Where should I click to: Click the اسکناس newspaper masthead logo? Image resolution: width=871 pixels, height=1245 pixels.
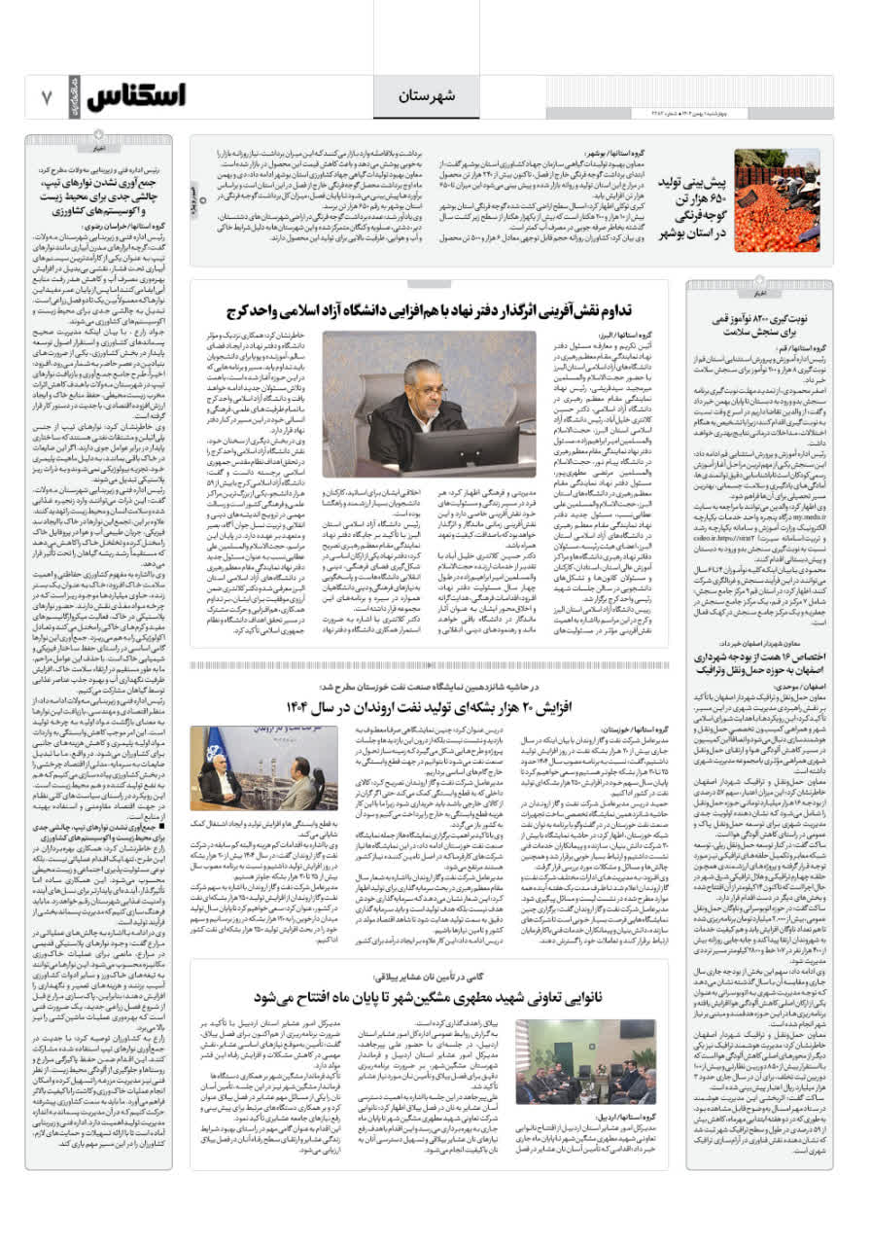[x=136, y=96]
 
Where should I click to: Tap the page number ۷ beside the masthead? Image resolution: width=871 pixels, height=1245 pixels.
[x=46, y=97]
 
